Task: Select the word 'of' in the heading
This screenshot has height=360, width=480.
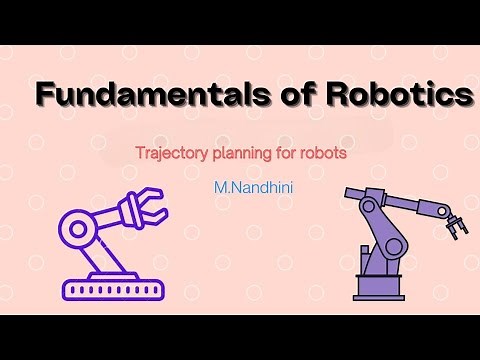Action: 286,96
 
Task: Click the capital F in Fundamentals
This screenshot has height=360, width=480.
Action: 47,96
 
